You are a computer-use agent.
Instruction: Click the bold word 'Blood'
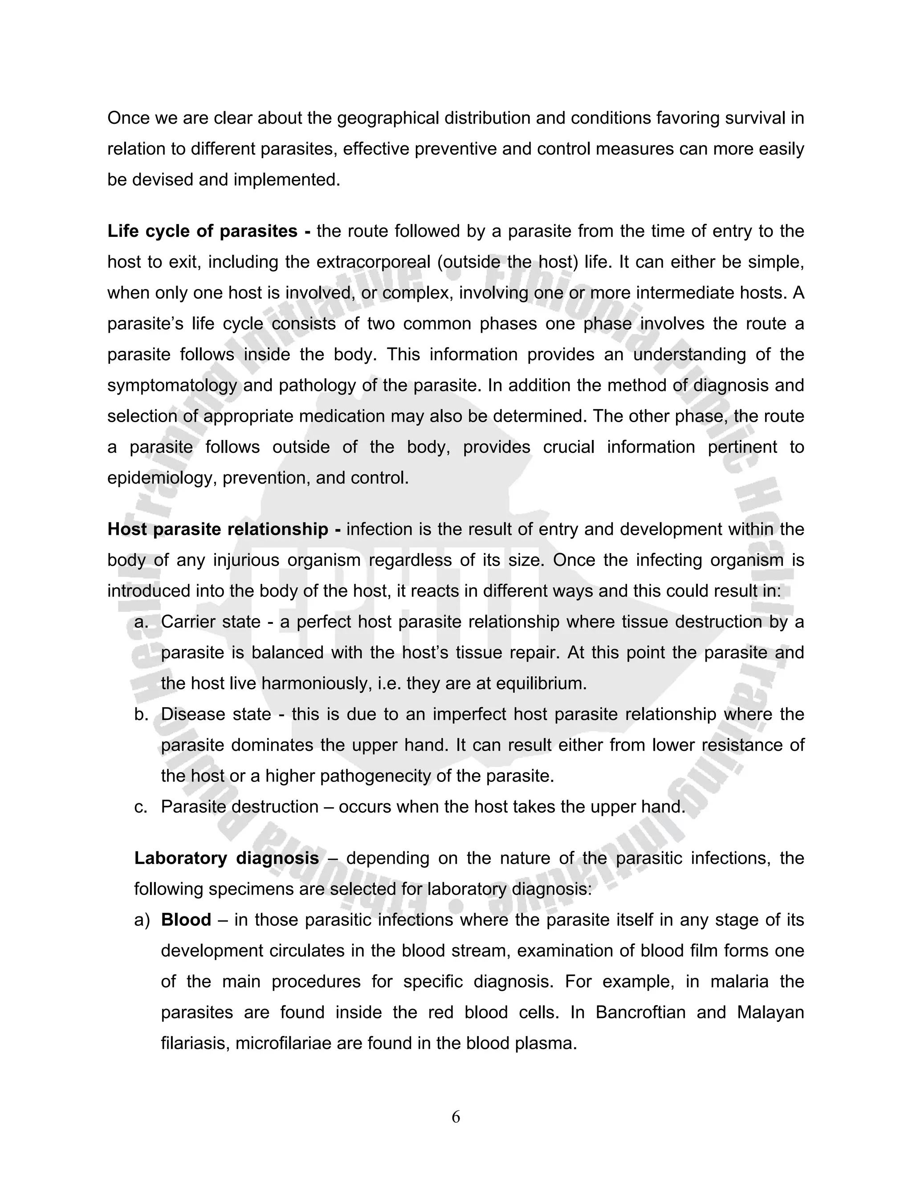pyautogui.click(x=186, y=920)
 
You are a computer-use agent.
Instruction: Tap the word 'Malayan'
pyautogui.click(x=770, y=1012)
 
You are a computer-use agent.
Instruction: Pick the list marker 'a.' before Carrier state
pyautogui.click(x=141, y=622)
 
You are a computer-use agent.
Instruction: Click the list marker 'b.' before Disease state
pyautogui.click(x=141, y=714)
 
